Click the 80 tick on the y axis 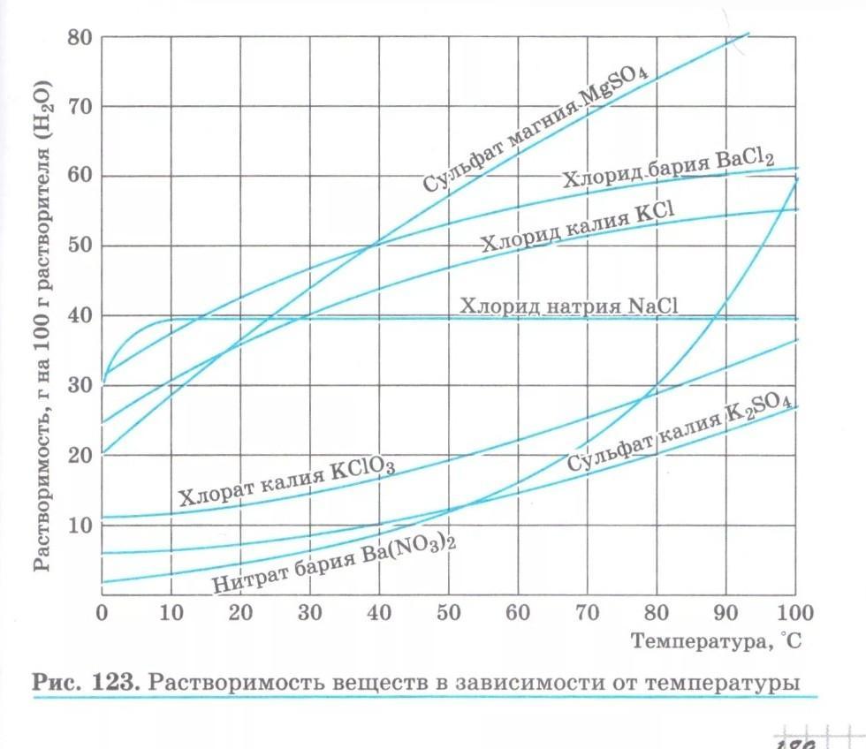click(80, 37)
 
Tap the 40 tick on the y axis click(80, 315)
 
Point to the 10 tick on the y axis click(80, 525)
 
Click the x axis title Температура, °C click(716, 641)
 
